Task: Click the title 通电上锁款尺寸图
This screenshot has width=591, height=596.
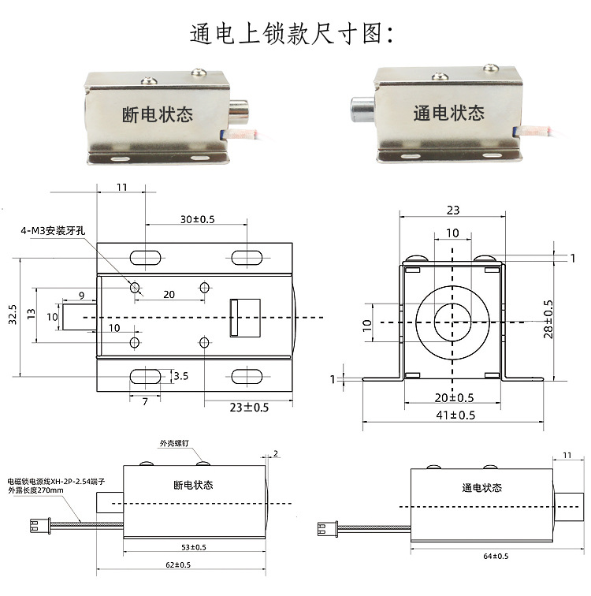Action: [295, 33]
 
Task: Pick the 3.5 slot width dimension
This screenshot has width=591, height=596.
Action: [180, 376]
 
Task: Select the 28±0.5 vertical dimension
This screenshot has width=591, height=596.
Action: [548, 318]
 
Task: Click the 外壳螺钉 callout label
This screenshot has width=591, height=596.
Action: [172, 442]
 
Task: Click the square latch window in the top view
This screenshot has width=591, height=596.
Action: [239, 317]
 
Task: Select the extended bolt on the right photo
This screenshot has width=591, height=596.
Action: [362, 108]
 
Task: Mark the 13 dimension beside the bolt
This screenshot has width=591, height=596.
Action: [31, 314]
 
